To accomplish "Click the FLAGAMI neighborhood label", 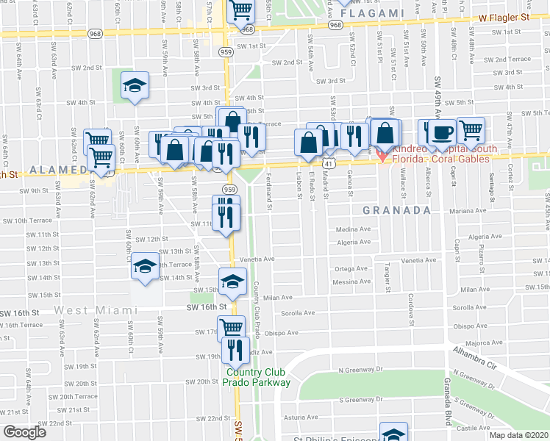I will (374, 12).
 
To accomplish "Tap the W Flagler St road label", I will (504, 16).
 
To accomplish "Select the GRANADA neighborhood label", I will (396, 210).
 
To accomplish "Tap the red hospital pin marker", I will (382, 156).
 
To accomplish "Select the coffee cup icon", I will (441, 132).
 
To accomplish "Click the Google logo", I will (24, 432).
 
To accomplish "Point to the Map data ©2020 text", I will (518, 435).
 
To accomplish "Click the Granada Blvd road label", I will (447, 403).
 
